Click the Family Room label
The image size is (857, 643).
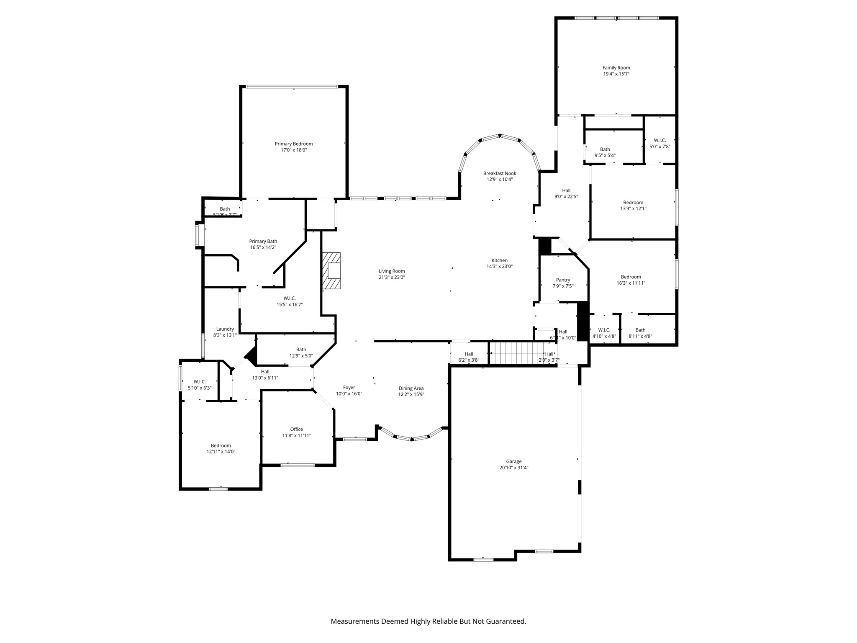pyautogui.click(x=616, y=68)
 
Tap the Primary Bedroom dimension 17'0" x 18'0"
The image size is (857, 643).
pyautogui.click(x=293, y=150)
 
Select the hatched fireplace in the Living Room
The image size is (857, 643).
pyautogui.click(x=331, y=271)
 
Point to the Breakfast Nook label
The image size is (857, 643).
pyautogui.click(x=499, y=173)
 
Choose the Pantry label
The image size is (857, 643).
pyautogui.click(x=563, y=280)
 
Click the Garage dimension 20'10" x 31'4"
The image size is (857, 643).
pyautogui.click(x=513, y=468)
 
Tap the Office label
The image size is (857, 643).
pyautogui.click(x=296, y=429)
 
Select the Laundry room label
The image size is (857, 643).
pyautogui.click(x=225, y=329)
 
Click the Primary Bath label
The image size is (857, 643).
pyautogui.click(x=263, y=241)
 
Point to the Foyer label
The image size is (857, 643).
pyautogui.click(x=349, y=388)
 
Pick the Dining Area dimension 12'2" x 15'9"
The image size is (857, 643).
pyautogui.click(x=411, y=394)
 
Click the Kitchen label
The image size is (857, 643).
pyautogui.click(x=499, y=260)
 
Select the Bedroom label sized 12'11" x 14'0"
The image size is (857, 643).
pyautogui.click(x=221, y=445)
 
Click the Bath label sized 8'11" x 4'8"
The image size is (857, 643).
pyautogui.click(x=640, y=330)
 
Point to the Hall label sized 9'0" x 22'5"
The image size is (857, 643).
pyautogui.click(x=566, y=190)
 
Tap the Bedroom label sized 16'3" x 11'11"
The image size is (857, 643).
pyautogui.click(x=631, y=277)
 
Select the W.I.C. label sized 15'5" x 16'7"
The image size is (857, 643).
pyautogui.click(x=289, y=298)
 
